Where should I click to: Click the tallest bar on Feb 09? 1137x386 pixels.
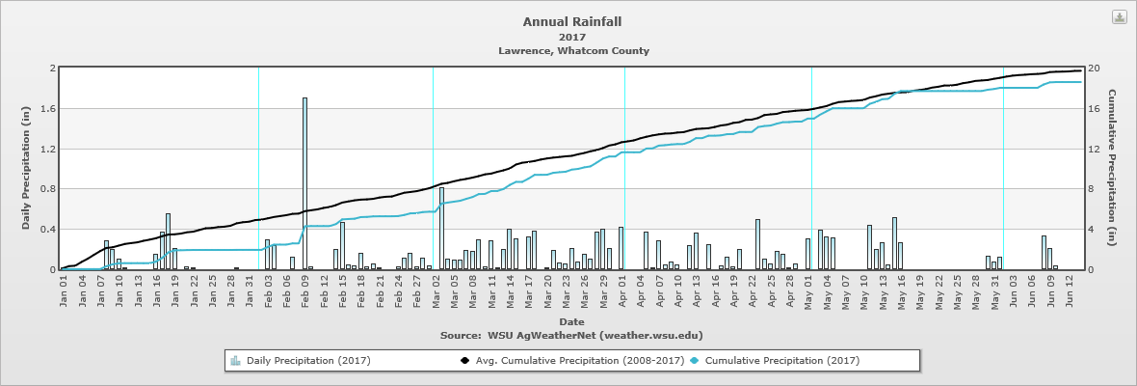(x=304, y=183)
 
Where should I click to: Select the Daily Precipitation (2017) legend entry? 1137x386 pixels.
(x=300, y=361)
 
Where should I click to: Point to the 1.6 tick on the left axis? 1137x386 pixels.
(x=50, y=109)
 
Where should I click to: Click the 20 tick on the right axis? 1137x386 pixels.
(x=1093, y=69)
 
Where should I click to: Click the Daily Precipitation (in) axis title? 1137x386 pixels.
(x=27, y=169)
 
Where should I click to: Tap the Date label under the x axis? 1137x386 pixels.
(x=571, y=321)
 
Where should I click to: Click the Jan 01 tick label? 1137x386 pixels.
(x=64, y=290)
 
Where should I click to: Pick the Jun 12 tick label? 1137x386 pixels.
(x=1071, y=290)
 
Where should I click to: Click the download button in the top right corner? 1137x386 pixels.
(x=1119, y=17)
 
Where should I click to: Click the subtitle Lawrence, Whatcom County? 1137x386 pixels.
(x=573, y=50)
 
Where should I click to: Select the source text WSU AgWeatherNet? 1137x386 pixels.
(x=571, y=335)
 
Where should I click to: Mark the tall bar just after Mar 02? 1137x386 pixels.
(x=441, y=229)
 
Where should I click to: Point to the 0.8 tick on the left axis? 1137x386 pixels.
(x=50, y=189)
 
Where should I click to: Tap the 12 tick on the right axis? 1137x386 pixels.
(x=1093, y=149)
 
